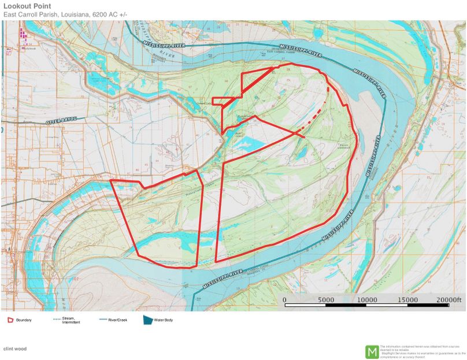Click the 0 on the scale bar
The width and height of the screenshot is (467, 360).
(x=284, y=300)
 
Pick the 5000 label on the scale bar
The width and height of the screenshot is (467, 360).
(x=327, y=300)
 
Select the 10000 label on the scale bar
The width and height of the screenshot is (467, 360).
(x=368, y=300)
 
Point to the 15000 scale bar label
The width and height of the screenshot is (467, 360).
(x=409, y=300)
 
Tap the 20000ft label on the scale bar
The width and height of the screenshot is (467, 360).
(x=449, y=300)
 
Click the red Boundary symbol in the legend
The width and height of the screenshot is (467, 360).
(x=10, y=320)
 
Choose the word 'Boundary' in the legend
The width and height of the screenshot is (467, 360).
(x=24, y=320)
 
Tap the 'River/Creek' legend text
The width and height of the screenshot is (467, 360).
(x=118, y=320)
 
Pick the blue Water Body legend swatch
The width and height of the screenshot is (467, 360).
(x=148, y=320)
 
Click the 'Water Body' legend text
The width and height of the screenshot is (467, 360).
(x=164, y=320)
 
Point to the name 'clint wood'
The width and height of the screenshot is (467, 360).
(x=15, y=348)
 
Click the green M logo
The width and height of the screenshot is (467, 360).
(x=372, y=351)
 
